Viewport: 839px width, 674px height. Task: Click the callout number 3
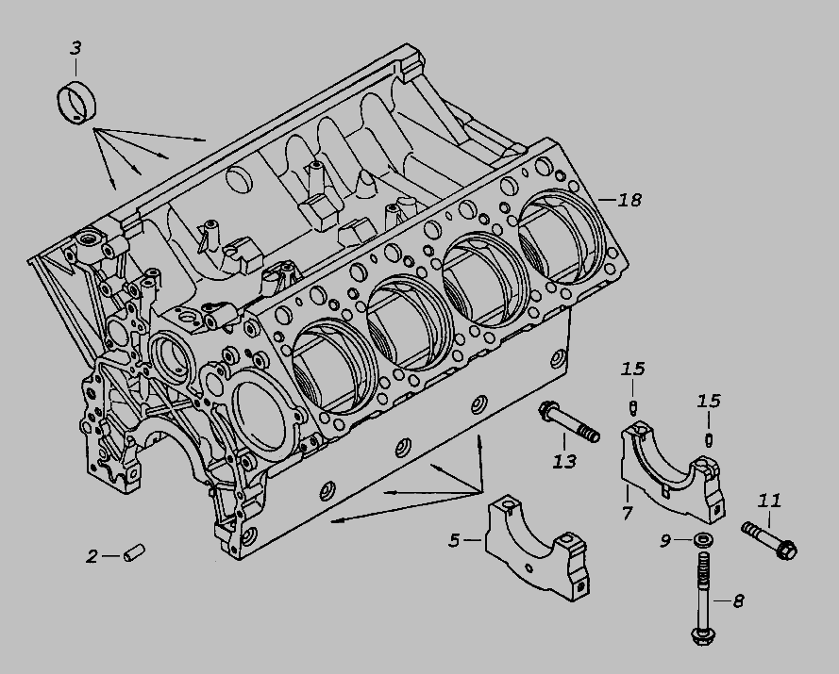[x=76, y=47]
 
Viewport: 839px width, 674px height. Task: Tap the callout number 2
[x=92, y=556]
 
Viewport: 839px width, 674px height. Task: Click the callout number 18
[x=629, y=200]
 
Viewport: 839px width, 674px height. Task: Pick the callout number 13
[x=564, y=462]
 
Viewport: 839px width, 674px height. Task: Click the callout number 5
[x=454, y=540]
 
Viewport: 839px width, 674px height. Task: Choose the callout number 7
[x=626, y=514]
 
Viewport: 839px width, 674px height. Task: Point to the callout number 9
[x=664, y=540]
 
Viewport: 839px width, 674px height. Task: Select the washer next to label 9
[x=701, y=541]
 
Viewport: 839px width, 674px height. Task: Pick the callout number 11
[x=769, y=500]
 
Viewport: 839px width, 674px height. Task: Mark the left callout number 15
[x=632, y=368]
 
